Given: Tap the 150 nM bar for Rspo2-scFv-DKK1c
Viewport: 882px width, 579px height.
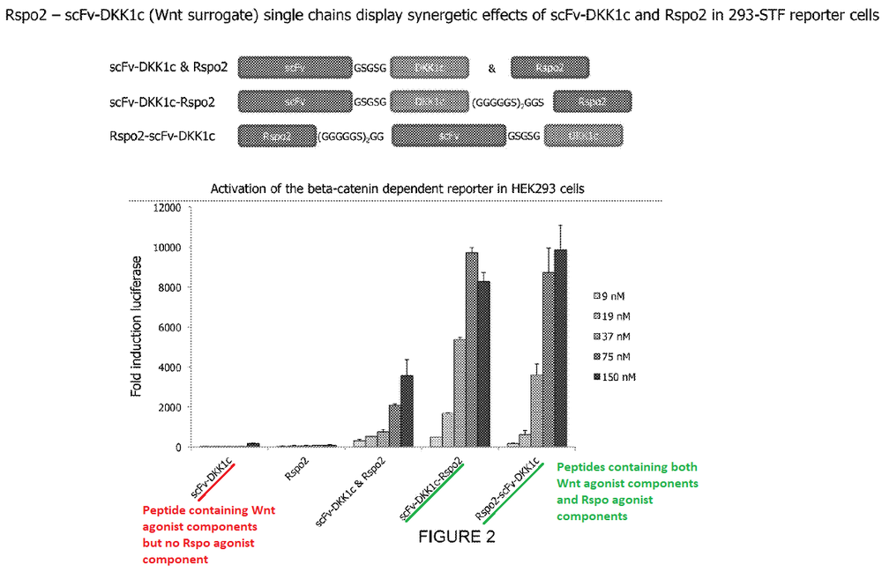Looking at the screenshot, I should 561,348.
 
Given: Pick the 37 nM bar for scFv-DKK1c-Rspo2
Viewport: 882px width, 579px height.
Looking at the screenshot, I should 460,393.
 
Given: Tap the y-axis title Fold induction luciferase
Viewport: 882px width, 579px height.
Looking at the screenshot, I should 138,327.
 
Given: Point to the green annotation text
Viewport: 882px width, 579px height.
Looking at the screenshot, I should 628,492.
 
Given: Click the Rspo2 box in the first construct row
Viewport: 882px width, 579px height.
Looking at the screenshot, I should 549,68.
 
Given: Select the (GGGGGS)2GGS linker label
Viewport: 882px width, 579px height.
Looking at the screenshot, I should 512,102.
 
